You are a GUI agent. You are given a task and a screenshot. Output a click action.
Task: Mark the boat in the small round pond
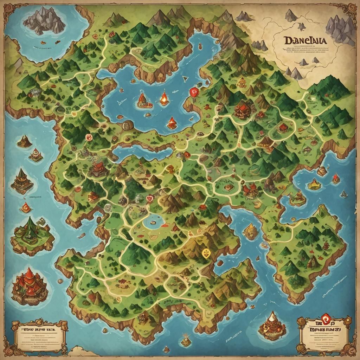[153, 222]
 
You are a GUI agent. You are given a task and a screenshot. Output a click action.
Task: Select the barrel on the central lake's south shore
[128, 124]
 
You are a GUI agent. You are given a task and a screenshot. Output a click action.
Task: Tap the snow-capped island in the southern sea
[271, 325]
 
